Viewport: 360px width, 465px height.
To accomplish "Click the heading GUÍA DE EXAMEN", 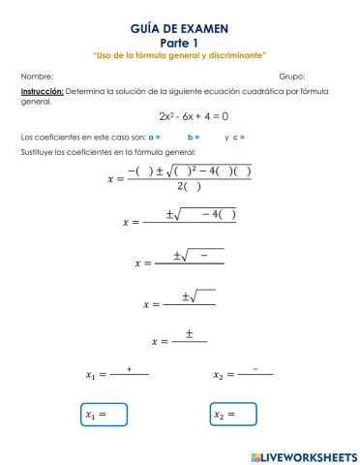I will (x=179, y=31).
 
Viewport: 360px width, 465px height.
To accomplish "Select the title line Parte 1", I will (x=179, y=43).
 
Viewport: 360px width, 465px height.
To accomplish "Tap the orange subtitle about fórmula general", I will (x=179, y=55).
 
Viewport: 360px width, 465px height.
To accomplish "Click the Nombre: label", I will (x=36, y=75).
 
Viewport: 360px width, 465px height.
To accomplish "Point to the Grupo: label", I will (x=291, y=75).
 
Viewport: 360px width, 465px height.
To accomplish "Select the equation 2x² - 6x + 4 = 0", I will (x=179, y=117).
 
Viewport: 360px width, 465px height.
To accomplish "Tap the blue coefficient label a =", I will (x=155, y=137).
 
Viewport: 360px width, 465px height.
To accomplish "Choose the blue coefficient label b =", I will (x=194, y=137).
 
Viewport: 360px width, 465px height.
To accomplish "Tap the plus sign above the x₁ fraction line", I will (x=129, y=369).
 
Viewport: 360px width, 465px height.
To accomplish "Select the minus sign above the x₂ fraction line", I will (x=255, y=369).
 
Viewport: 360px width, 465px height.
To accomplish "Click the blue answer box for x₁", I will (x=104, y=414).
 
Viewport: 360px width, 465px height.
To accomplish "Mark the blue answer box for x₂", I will (x=233, y=414).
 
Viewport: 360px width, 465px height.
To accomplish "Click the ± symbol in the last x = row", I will (x=190, y=334).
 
